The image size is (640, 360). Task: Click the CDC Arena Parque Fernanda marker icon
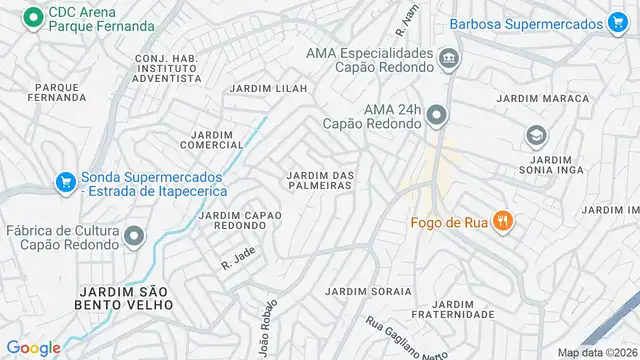click(x=33, y=16)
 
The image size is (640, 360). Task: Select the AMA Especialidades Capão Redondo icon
click(x=449, y=60)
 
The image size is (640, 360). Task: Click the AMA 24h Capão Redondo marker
click(x=435, y=117)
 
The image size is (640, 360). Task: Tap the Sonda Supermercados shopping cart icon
click(x=66, y=182)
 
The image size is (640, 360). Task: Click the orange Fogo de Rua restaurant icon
click(x=504, y=222)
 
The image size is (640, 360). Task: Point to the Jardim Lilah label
click(x=266, y=89)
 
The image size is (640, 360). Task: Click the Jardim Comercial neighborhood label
click(x=211, y=139)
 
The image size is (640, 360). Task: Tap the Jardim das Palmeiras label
click(x=321, y=182)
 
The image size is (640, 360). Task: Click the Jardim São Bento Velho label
click(x=126, y=296)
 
